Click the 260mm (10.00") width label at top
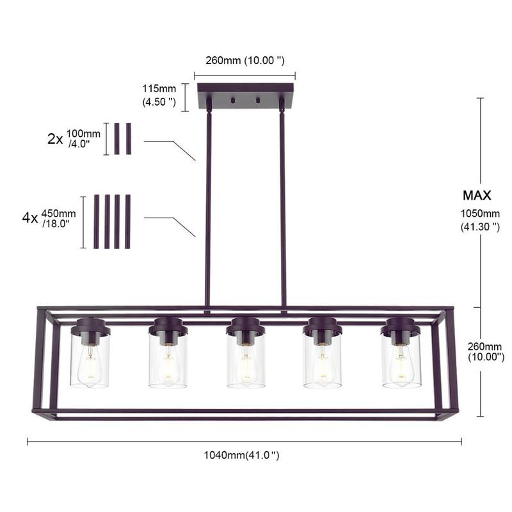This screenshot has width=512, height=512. pyautogui.click(x=245, y=60)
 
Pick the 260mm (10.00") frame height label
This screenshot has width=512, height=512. pyautogui.click(x=484, y=351)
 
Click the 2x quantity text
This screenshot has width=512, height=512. pyautogui.click(x=55, y=139)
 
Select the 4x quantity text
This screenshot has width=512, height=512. pyautogui.click(x=29, y=218)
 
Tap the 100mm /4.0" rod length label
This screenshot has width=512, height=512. pyautogui.click(x=83, y=139)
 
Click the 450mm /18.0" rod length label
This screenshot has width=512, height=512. pyautogui.click(x=58, y=218)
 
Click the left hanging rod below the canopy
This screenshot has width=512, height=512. pyautogui.click(x=208, y=205)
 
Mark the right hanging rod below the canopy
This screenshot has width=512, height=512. pyautogui.click(x=282, y=205)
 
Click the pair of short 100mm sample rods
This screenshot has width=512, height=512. pyautogui.click(x=122, y=139)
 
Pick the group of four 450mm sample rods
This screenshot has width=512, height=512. pyautogui.click(x=113, y=221)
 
